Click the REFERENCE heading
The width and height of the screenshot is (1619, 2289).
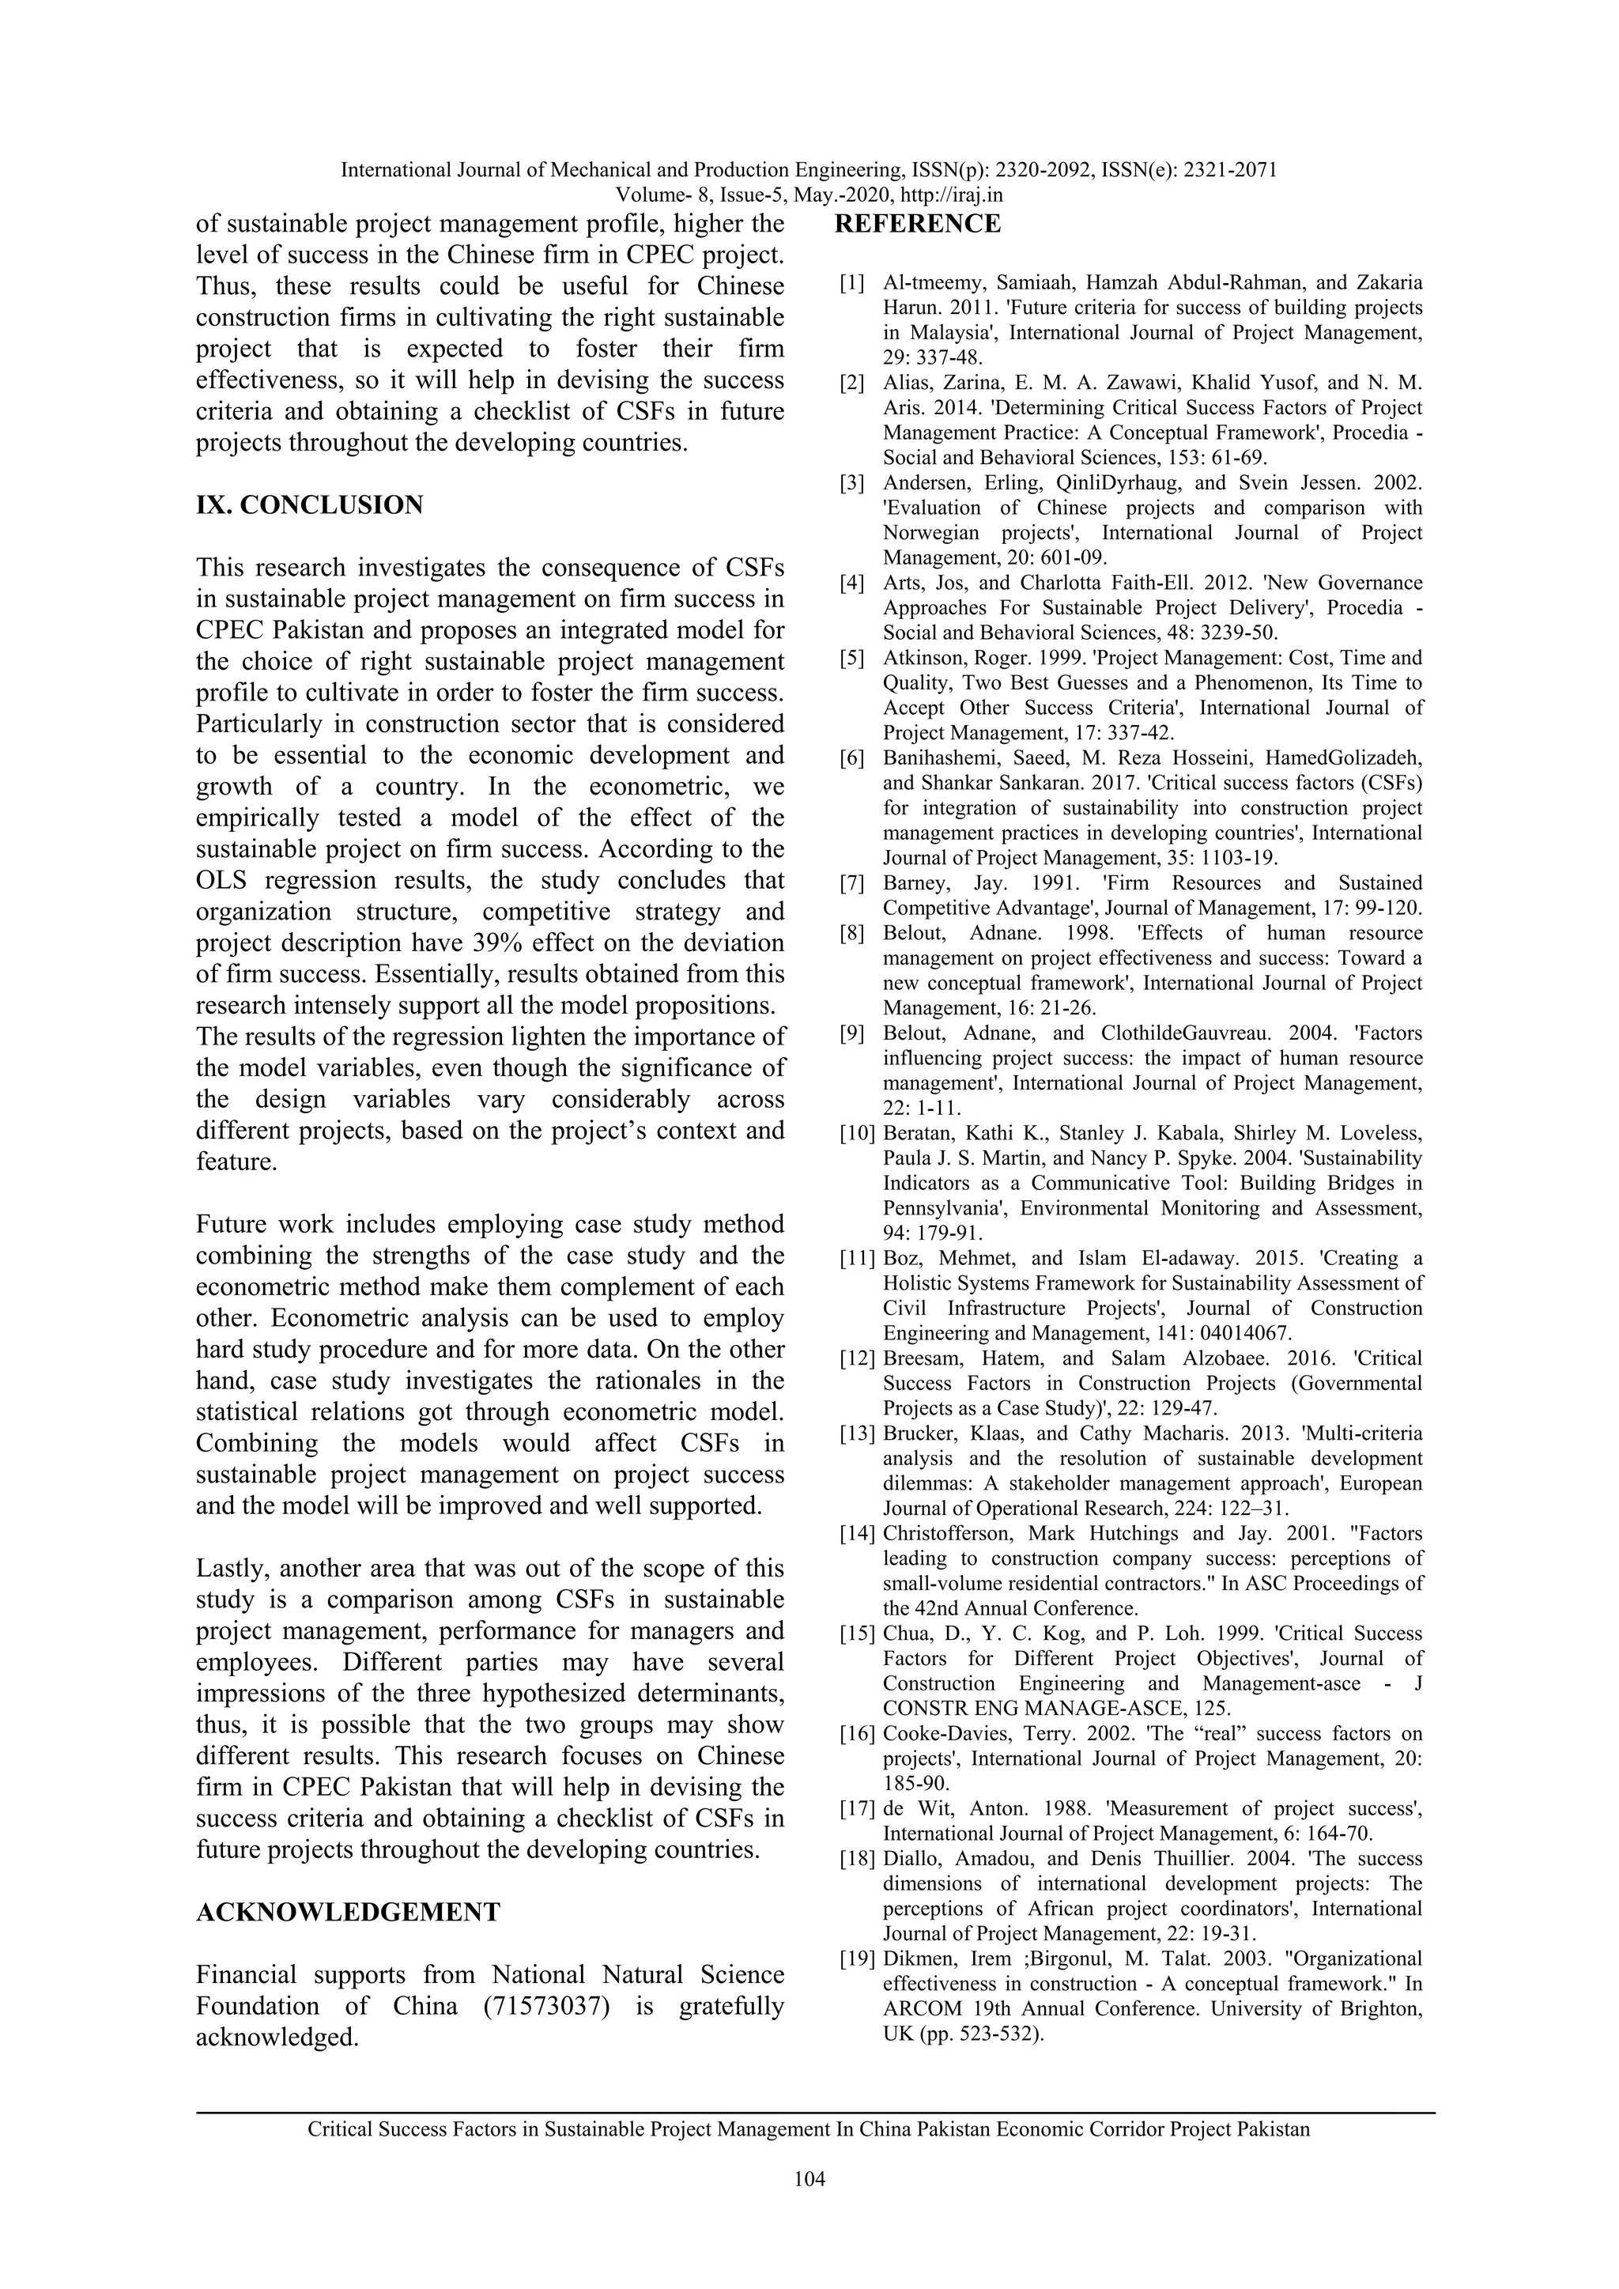pyautogui.click(x=916, y=225)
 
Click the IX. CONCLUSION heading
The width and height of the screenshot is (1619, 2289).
pyautogui.click(x=309, y=505)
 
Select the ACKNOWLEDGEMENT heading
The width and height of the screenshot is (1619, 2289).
pyautogui.click(x=348, y=1912)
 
